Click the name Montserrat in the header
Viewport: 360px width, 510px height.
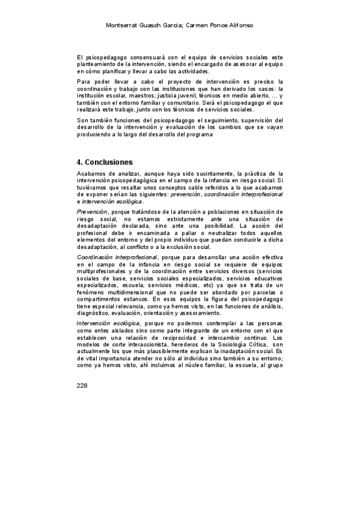pyautogui.click(x=123, y=26)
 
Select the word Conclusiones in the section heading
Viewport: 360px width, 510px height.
pyautogui.click(x=109, y=162)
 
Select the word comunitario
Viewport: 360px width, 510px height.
pyautogui.click(x=183, y=102)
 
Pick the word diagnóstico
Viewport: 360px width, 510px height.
pyautogui.click(x=97, y=313)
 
